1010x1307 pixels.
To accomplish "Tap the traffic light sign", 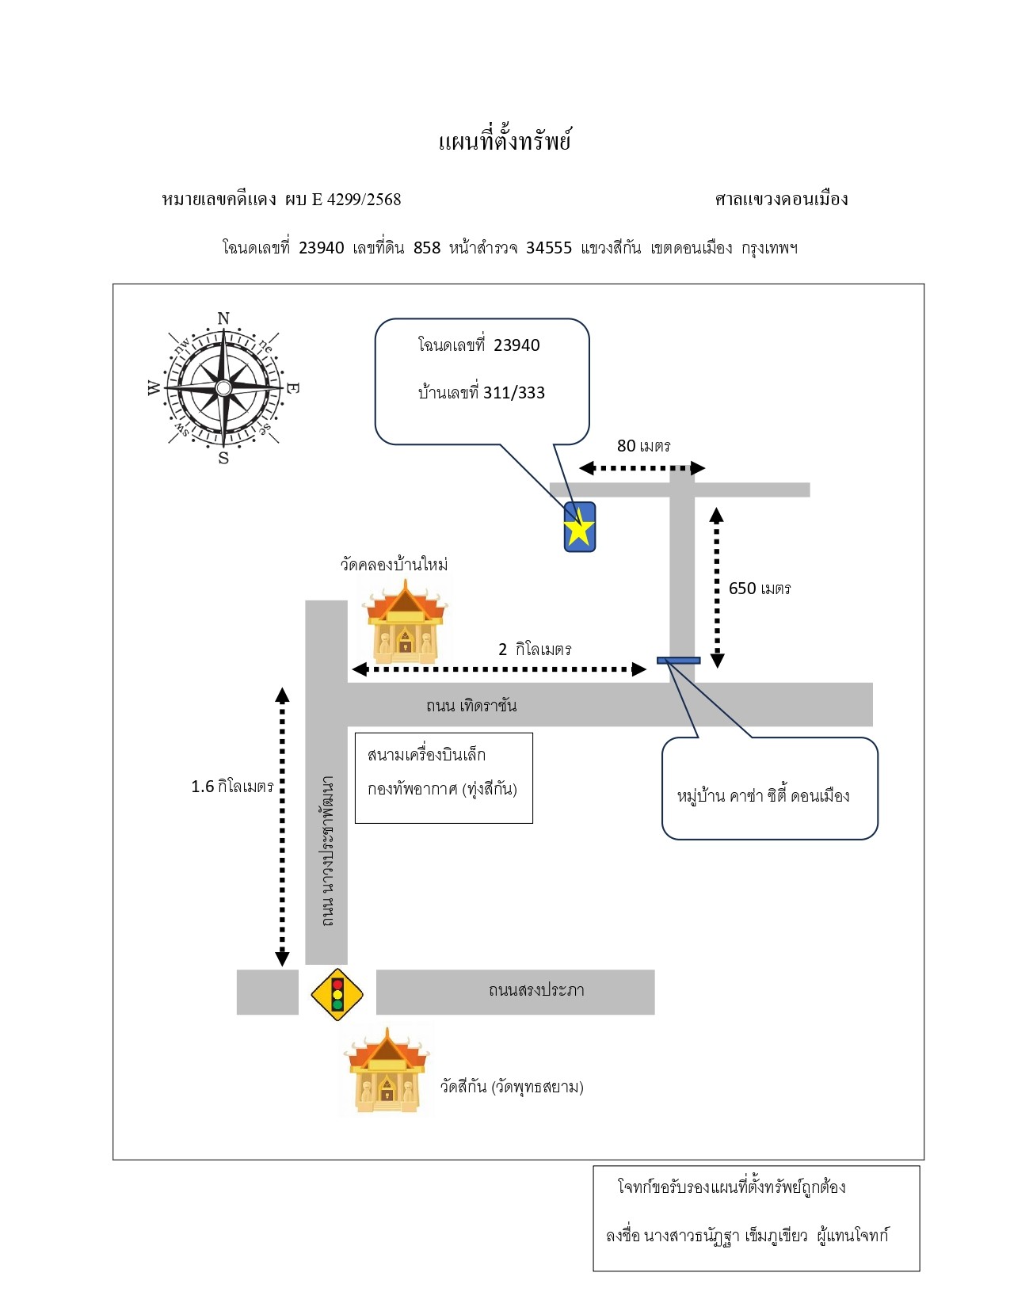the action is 337,994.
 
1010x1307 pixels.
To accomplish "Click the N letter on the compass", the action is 223,318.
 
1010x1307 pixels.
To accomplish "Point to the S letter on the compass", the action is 223,458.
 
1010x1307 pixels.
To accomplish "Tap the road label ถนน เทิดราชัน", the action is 471,705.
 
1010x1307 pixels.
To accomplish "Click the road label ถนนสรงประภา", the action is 536,990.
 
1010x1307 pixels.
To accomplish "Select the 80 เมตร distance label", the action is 643,446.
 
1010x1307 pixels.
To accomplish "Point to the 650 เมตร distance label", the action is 759,589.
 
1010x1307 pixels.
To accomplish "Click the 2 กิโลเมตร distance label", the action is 535,649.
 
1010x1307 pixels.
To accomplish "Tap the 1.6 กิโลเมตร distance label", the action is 232,786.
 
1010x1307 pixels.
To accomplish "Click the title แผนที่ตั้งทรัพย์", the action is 504,141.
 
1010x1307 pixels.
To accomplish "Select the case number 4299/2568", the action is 364,199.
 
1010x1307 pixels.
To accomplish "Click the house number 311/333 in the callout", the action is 514,393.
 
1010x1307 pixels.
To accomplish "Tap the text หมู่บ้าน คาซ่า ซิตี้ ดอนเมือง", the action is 763,795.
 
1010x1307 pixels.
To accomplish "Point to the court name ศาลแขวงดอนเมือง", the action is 781,199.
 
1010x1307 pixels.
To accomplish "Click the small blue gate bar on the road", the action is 678,661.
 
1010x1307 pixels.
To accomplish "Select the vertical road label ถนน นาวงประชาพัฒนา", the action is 327,851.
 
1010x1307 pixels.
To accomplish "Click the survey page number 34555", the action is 549,248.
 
